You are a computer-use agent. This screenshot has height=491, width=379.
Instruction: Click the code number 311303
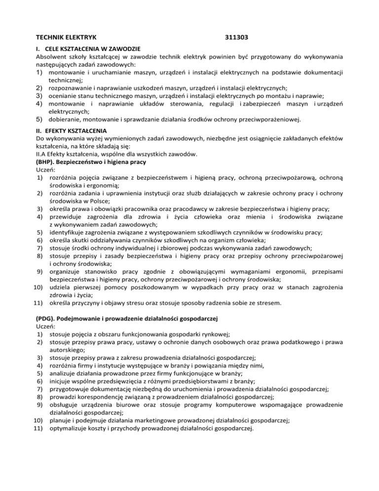tap(236, 37)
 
